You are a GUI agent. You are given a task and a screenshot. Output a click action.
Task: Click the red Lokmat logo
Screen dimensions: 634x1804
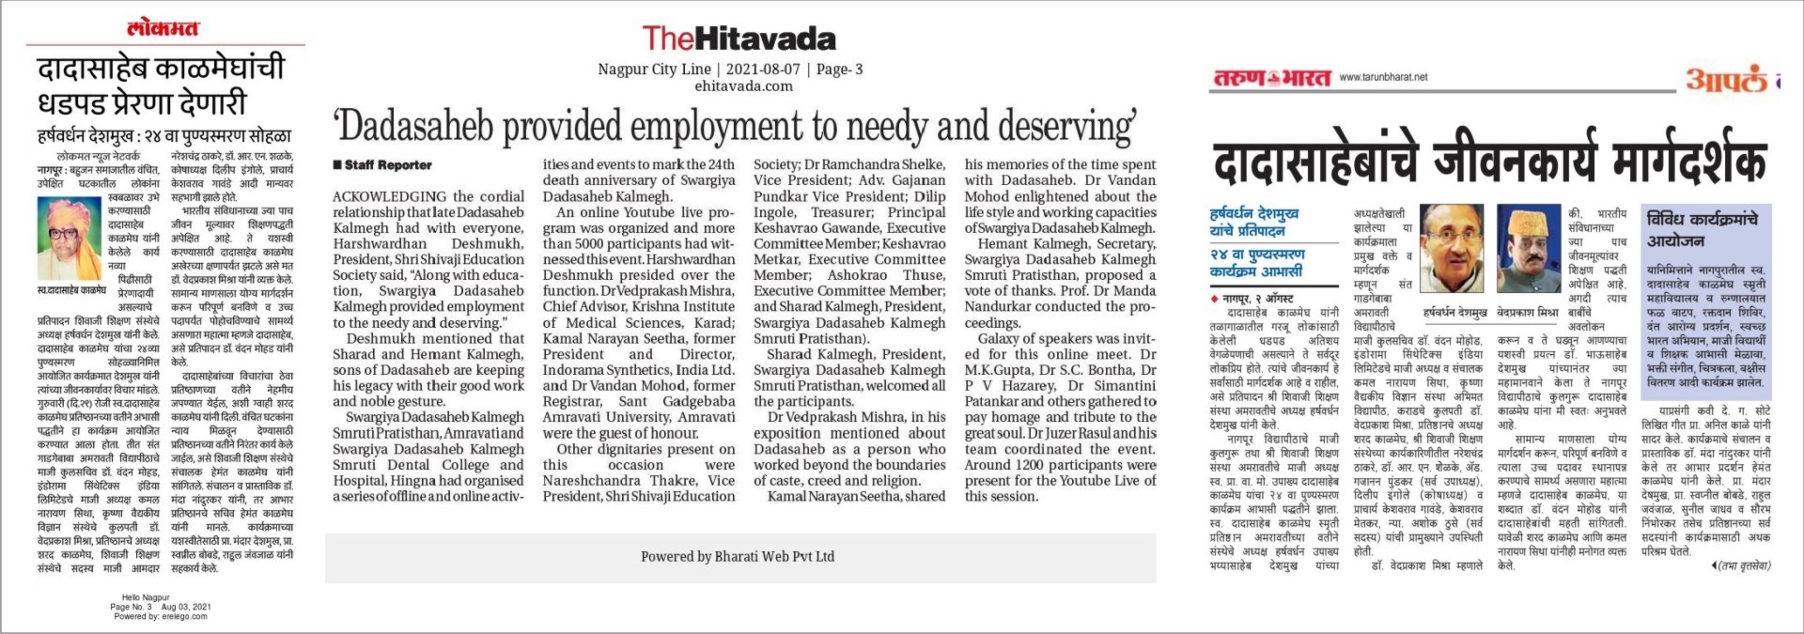[x=163, y=28]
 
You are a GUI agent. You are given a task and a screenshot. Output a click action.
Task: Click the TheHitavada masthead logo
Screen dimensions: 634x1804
[x=739, y=39]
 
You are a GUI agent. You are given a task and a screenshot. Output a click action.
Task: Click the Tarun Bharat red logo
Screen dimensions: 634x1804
[x=1271, y=78]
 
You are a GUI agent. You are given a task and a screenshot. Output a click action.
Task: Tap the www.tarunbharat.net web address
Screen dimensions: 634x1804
[x=1383, y=77]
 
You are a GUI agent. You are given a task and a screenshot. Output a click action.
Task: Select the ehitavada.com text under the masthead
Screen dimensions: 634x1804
[x=743, y=86]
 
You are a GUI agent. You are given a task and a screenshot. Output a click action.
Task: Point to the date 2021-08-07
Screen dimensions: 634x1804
[x=763, y=70]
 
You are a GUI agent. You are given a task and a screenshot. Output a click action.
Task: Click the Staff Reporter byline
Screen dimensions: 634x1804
[x=382, y=165]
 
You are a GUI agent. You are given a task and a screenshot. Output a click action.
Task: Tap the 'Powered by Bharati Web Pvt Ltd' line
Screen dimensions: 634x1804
[x=738, y=556]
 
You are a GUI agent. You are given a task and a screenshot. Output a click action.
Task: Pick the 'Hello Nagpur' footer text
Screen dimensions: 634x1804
[x=146, y=597]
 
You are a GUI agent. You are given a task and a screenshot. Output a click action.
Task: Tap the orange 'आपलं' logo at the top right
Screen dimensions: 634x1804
[x=1726, y=81]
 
